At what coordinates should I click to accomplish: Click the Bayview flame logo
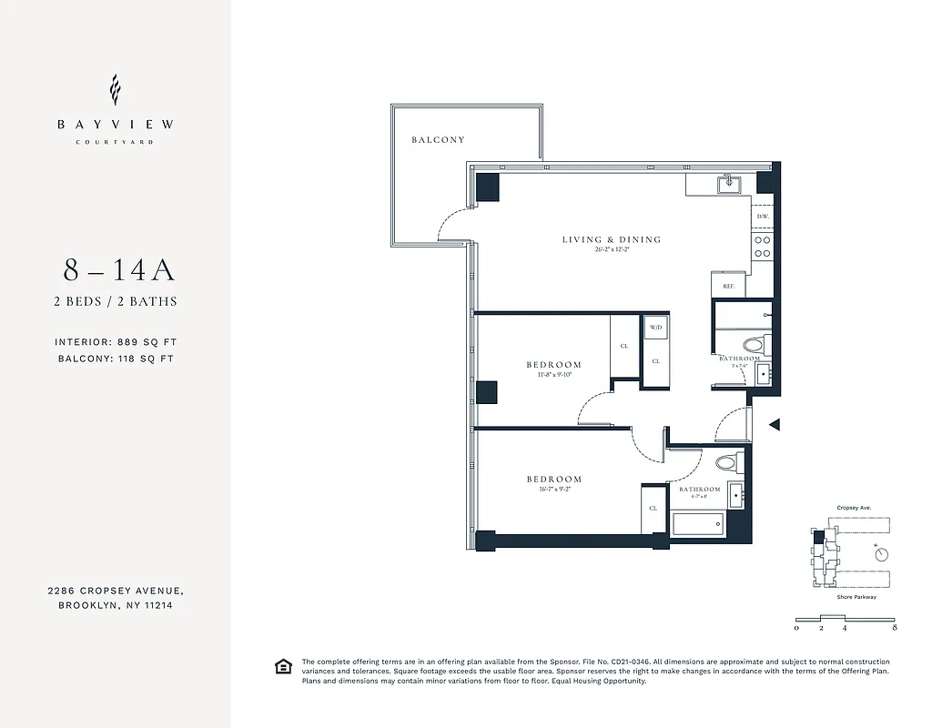[x=115, y=90]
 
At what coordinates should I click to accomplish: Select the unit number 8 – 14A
[x=118, y=270]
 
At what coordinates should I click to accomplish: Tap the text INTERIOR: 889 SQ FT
[x=116, y=342]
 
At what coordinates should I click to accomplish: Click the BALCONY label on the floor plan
[x=438, y=140]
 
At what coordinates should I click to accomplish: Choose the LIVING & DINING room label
[x=611, y=240]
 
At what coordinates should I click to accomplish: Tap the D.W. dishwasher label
[x=762, y=217]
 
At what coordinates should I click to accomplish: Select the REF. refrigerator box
[x=728, y=285]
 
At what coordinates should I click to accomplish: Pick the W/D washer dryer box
[x=655, y=328]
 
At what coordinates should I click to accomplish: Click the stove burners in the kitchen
[x=763, y=247]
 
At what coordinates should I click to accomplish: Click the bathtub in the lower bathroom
[x=698, y=524]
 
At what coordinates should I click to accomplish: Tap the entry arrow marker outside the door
[x=775, y=424]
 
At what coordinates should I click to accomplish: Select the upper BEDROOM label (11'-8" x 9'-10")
[x=553, y=366]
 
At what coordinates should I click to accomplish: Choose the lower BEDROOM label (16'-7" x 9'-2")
[x=553, y=480]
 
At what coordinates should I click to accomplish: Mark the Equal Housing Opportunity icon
[x=283, y=667]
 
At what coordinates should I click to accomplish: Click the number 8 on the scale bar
[x=896, y=628]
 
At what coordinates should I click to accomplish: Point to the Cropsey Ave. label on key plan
[x=855, y=509]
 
